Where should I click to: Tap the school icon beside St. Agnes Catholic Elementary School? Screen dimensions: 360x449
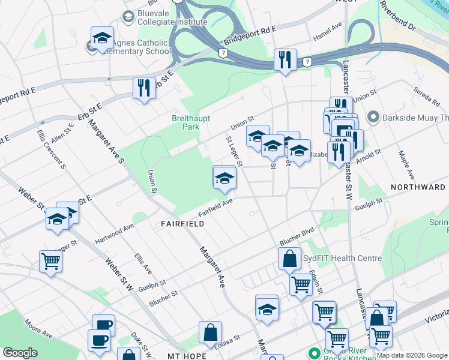pos(102,38)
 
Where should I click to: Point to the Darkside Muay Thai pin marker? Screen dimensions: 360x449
pos(373,116)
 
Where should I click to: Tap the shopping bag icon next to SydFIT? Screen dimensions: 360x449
pos(289,259)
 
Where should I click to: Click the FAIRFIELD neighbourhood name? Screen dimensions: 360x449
pos(182,224)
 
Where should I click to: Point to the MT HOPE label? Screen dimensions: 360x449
pos(187,356)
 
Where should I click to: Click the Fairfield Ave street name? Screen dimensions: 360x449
pos(215,209)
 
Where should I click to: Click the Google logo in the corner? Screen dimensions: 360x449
pos(20,353)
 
